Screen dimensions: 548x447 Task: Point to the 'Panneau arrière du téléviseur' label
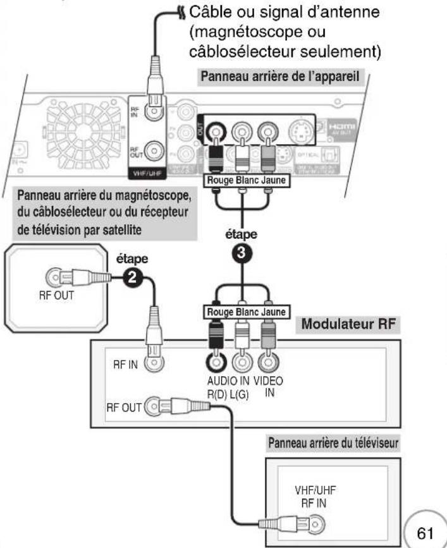point(333,443)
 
